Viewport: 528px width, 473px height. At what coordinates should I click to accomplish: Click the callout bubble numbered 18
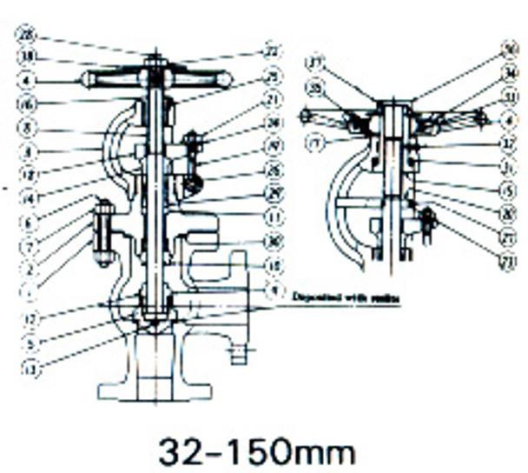(x=28, y=57)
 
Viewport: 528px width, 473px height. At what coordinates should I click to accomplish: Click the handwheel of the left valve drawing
(x=154, y=80)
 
